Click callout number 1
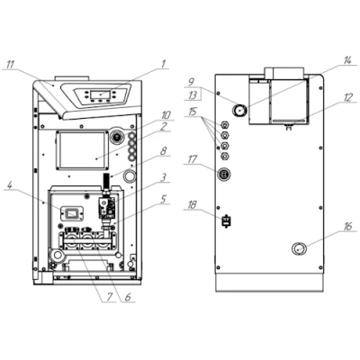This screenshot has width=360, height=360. (x=164, y=63)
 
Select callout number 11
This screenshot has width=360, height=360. (x=11, y=63)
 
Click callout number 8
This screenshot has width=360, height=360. (x=164, y=153)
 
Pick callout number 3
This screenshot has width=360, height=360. (x=164, y=176)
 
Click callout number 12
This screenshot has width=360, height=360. (x=347, y=96)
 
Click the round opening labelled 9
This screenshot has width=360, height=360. (x=241, y=109)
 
